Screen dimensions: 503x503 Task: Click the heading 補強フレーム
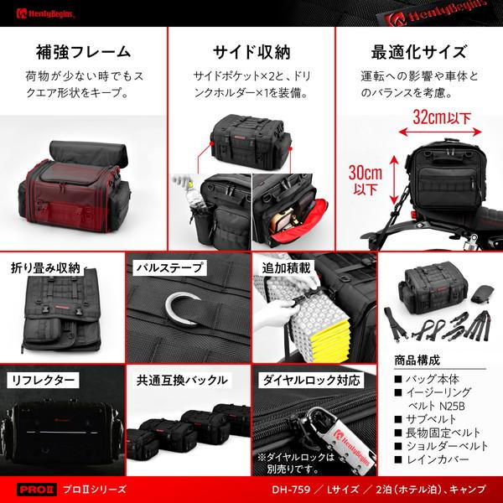click(83, 50)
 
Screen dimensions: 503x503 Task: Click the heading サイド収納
click(251, 50)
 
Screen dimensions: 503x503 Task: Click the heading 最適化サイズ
click(420, 50)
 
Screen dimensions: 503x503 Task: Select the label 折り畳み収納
click(47, 268)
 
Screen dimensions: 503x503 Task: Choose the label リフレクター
click(44, 379)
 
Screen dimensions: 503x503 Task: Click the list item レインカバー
click(440, 461)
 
